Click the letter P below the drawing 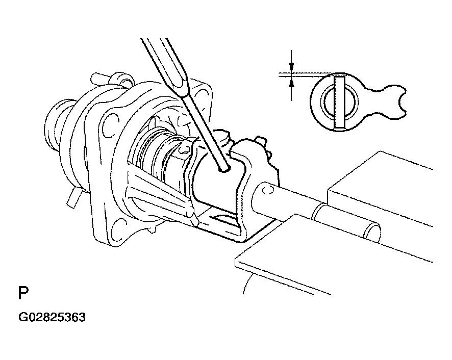[23, 293]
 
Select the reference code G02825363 [52, 317]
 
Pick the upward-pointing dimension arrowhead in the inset [292, 83]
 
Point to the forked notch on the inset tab [400, 101]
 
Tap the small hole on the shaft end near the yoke [267, 190]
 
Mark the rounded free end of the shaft [373, 232]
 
